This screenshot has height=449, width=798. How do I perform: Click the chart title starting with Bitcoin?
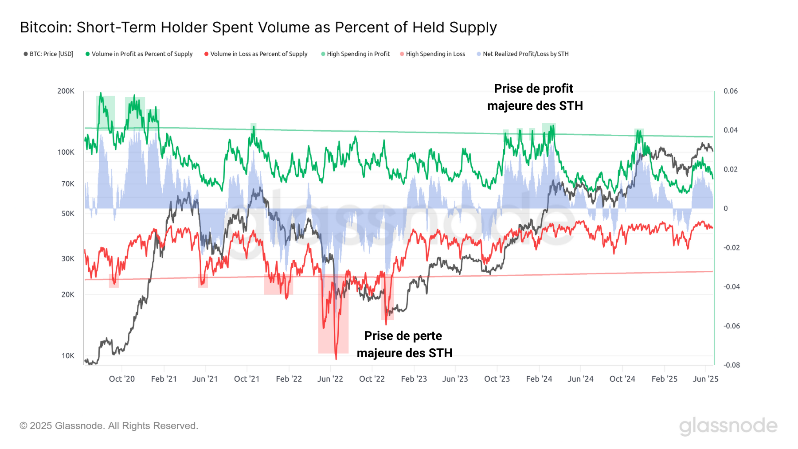[x=258, y=27]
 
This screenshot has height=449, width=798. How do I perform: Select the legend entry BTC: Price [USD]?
[x=48, y=54]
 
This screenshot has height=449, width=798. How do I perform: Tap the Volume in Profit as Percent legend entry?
[x=139, y=54]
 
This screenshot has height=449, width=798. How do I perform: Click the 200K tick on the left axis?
[x=66, y=91]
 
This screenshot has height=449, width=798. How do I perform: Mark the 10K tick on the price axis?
[x=68, y=356]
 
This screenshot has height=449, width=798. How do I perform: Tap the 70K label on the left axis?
[x=68, y=184]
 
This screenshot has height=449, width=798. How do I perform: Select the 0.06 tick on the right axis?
[x=731, y=91]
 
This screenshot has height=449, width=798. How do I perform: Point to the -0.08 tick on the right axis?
[x=731, y=365]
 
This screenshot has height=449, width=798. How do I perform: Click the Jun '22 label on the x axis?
[x=330, y=379]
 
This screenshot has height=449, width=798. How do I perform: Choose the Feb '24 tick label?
[x=539, y=379]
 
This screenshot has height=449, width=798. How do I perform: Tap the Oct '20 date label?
[x=122, y=379]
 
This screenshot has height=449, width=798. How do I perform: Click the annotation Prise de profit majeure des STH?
[x=535, y=97]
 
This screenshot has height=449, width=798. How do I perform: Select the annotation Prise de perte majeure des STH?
[x=404, y=344]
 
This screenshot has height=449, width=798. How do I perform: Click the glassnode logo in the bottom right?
[x=728, y=426]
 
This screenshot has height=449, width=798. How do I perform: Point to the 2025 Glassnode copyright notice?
[x=109, y=426]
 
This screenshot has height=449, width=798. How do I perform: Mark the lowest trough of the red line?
[x=336, y=359]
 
